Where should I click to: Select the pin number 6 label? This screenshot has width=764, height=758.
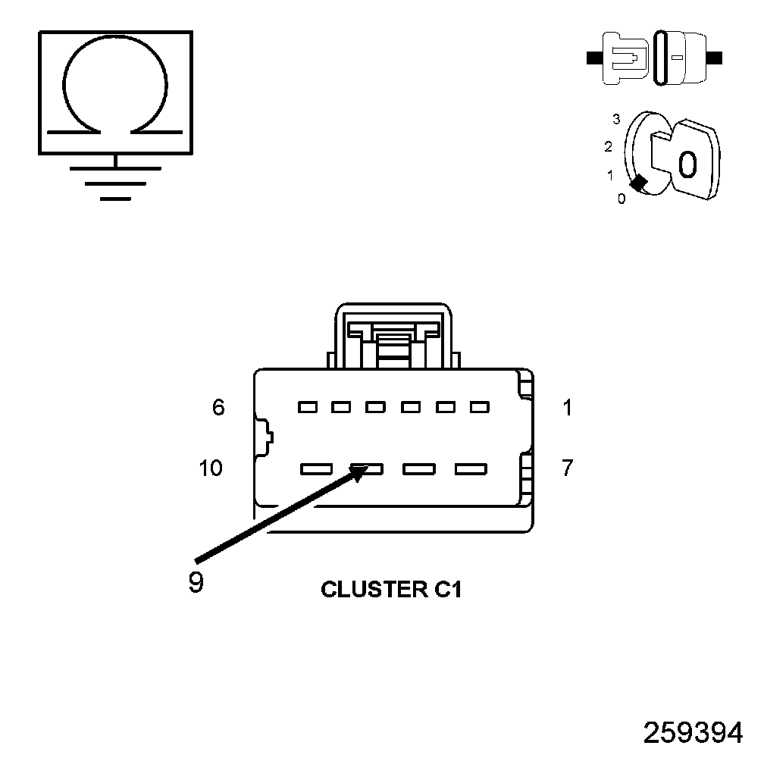(218, 408)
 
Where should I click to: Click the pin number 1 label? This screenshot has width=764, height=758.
(568, 408)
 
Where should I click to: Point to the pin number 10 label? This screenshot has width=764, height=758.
(211, 468)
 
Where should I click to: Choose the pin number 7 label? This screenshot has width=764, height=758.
(568, 468)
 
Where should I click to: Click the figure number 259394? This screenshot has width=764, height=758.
(693, 733)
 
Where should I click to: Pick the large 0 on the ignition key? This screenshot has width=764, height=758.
(687, 164)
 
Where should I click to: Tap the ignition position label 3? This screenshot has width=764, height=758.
(616, 119)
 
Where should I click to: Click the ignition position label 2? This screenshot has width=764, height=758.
(608, 146)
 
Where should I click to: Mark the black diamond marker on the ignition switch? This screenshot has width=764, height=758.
(638, 183)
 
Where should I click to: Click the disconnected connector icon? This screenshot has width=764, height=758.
(656, 57)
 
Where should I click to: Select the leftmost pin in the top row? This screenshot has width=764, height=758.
(307, 408)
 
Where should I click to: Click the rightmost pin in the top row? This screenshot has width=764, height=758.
(479, 408)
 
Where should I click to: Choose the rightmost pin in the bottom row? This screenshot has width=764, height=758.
(470, 469)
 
